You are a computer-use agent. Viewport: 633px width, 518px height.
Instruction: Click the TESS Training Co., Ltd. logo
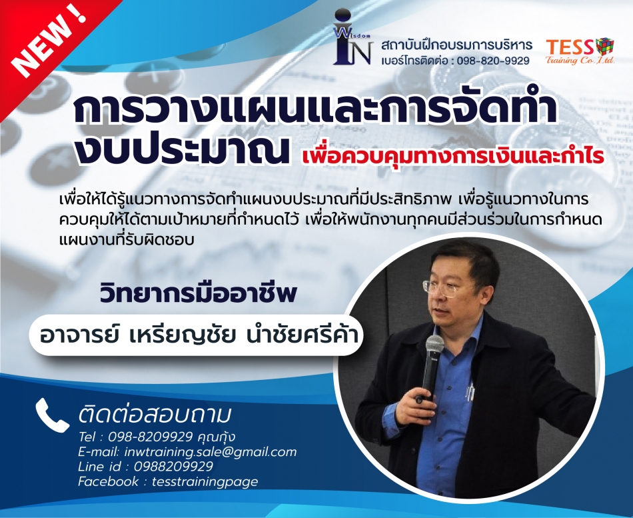pyautogui.click(x=580, y=51)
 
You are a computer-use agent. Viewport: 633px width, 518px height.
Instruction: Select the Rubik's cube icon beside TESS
pyautogui.click(x=604, y=47)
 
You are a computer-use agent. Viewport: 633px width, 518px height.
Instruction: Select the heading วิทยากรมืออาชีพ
pyautogui.click(x=198, y=293)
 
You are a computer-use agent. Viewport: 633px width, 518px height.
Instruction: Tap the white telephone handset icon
pyautogui.click(x=52, y=415)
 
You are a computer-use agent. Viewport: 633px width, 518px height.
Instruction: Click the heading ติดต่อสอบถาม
pyautogui.click(x=155, y=415)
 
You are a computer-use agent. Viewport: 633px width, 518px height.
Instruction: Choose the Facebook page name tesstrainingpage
pyautogui.click(x=205, y=481)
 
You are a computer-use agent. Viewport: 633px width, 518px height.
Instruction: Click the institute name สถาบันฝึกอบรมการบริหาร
pyautogui.click(x=456, y=45)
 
